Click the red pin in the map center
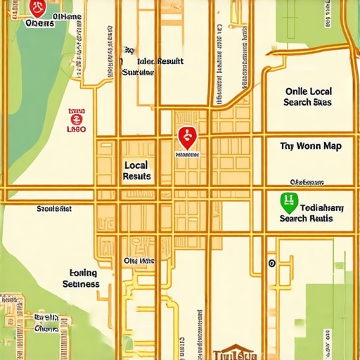click(x=186, y=136)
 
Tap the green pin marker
click(x=288, y=202)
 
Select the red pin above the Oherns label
click(x=38, y=8)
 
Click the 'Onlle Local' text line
click(x=308, y=91)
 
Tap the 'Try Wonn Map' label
click(x=310, y=146)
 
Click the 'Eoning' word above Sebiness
click(x=84, y=273)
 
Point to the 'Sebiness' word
click(x=81, y=285)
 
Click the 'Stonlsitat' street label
click(x=54, y=209)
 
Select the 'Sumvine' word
click(x=138, y=72)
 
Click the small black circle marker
click(x=271, y=264)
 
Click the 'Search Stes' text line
click(x=307, y=103)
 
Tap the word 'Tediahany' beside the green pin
click(x=321, y=207)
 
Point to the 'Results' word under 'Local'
click(x=136, y=176)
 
